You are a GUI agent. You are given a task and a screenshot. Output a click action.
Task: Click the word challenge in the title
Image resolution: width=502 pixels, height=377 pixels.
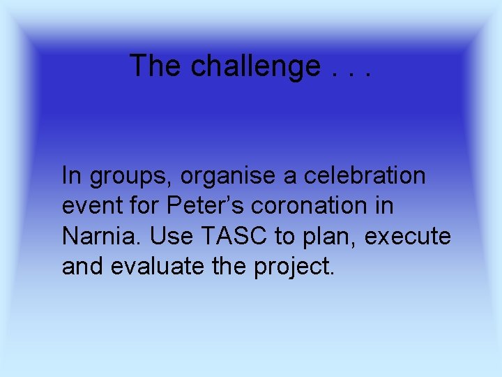[255, 66]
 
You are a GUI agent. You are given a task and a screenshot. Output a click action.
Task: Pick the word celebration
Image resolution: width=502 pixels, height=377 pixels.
[365, 176]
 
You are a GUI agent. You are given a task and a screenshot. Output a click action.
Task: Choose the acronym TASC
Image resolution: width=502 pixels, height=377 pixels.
[234, 237]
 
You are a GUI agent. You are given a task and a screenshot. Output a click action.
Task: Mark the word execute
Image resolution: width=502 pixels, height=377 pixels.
[408, 237]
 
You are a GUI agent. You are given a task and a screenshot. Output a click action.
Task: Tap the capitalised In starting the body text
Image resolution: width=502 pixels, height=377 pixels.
[72, 176]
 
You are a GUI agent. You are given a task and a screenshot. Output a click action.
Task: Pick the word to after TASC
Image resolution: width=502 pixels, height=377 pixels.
[284, 237]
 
